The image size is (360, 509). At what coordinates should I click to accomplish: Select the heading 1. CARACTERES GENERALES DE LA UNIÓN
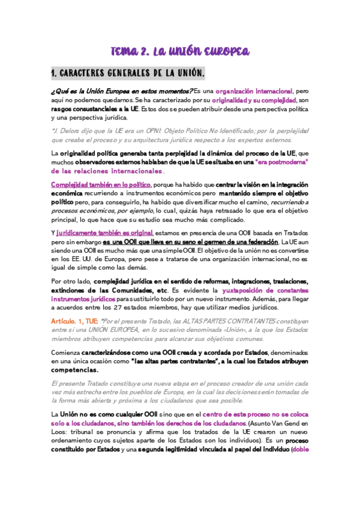click(128, 73)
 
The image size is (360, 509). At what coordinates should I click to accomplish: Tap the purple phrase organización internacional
click(254, 91)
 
